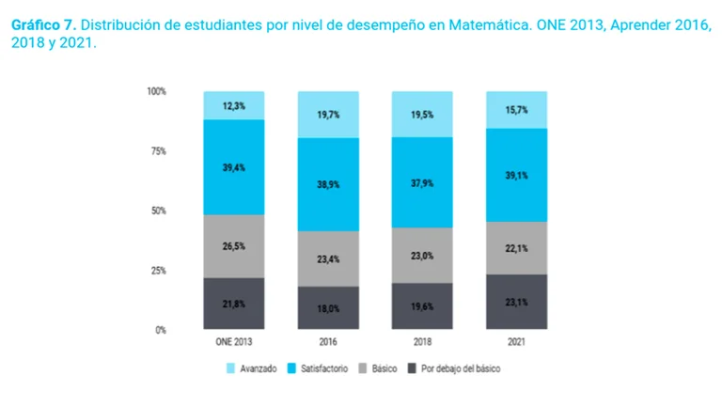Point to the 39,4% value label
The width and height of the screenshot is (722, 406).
pos(234,166)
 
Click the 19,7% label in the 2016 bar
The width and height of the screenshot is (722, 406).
pos(328,113)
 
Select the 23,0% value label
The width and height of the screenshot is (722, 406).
pos(421,256)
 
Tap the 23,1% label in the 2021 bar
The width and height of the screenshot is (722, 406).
pos(515,303)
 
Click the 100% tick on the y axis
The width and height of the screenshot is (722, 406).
pos(157,91)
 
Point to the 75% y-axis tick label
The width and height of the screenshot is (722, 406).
pos(159,151)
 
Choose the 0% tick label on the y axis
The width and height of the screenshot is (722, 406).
pos(161,330)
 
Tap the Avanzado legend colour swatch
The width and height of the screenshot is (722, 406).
pos(229,369)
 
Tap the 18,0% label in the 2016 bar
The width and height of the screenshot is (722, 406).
pos(328,307)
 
